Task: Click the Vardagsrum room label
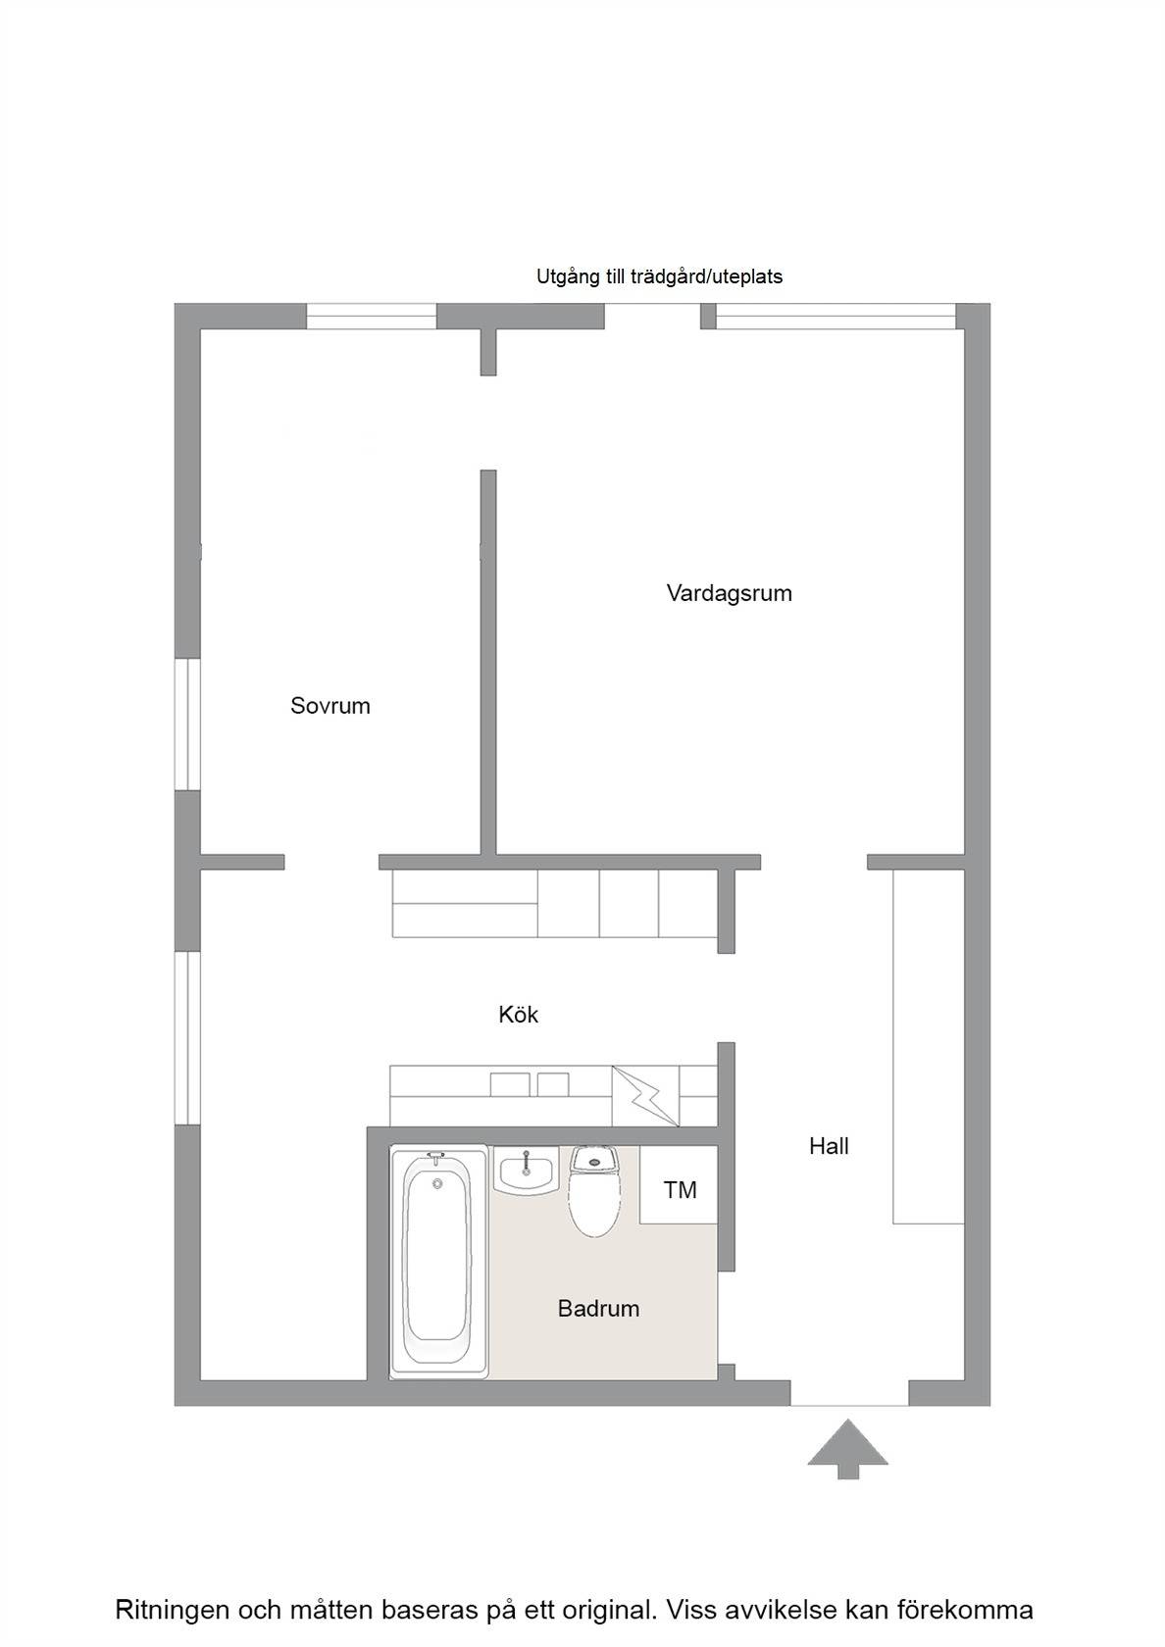coord(729,593)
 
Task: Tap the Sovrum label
coord(330,706)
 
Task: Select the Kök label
coord(519,1015)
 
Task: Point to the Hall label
coord(829,1146)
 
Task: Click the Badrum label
coord(598,1309)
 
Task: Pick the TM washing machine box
coord(679,1184)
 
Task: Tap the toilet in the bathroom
coord(595,1190)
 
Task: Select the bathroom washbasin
coord(526,1171)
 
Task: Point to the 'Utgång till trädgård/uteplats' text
coord(659,277)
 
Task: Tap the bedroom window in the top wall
coord(372,316)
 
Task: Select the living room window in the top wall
coord(836,316)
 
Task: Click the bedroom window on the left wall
coord(187,724)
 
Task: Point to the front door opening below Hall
coord(849,1393)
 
